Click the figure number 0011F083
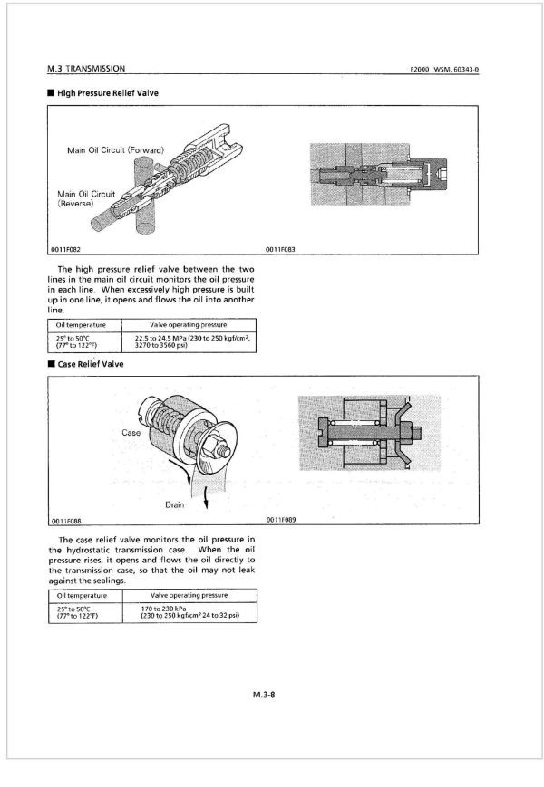[281, 250]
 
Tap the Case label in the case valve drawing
[131, 433]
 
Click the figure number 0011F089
[281, 520]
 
